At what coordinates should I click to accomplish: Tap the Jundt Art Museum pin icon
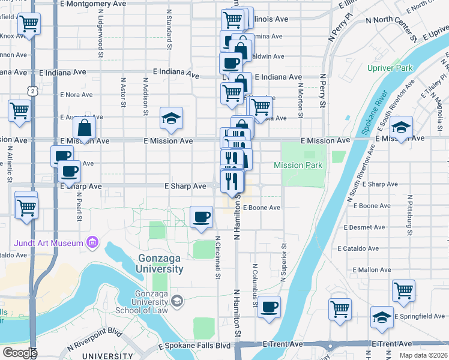(92, 243)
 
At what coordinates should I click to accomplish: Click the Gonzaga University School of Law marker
(176, 300)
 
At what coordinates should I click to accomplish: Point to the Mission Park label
(298, 165)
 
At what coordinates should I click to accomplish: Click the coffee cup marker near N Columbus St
(270, 307)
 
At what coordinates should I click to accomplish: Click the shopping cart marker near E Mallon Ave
(403, 291)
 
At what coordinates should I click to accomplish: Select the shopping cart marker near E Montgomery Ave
(28, 25)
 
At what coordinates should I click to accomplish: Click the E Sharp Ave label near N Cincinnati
(186, 187)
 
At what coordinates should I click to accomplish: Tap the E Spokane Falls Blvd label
(194, 347)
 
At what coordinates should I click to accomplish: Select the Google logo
(20, 353)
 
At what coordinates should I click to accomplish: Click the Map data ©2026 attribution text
(423, 355)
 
